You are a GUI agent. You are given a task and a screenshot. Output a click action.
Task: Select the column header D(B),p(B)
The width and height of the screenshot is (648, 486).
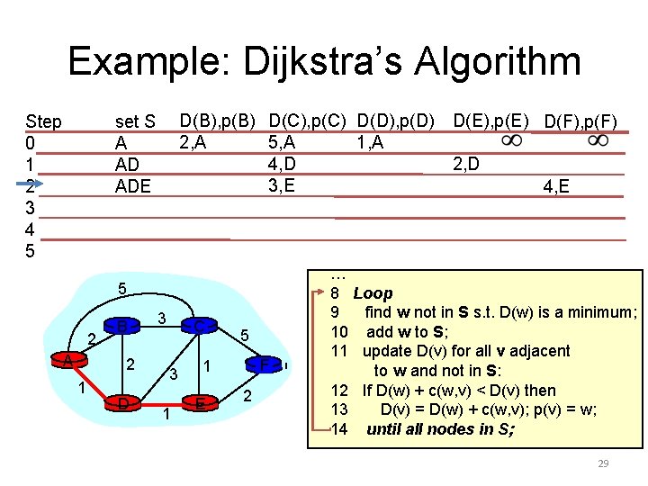218,121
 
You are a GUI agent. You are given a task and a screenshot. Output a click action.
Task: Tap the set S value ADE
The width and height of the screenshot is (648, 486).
133,187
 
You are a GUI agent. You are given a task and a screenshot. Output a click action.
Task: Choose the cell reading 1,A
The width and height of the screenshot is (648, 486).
369,141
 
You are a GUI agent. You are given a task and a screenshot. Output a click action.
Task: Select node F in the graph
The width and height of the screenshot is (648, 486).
264,365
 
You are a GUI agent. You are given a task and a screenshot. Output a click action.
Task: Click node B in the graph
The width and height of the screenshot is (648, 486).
121,326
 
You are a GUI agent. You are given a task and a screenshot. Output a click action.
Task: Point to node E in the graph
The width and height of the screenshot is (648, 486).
200,404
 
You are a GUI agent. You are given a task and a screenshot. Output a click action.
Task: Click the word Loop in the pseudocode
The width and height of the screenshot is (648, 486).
373,293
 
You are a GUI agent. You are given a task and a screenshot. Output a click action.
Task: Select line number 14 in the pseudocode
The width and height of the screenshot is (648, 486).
339,428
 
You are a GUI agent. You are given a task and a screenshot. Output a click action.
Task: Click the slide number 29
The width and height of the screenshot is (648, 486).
603,463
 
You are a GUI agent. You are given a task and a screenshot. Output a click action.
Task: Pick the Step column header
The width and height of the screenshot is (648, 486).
44,121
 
